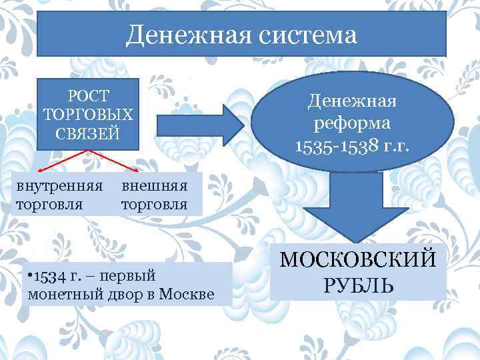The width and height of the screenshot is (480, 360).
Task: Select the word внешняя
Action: coord(154,185)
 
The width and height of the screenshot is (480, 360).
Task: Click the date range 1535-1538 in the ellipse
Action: coord(331,145)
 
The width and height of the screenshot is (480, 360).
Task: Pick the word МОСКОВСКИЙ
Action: coord(359,258)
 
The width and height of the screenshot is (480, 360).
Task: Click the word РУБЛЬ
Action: coord(359,285)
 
